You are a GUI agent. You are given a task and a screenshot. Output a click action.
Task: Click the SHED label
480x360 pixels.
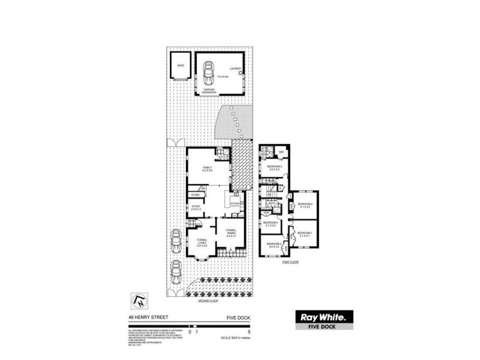coord(179,65)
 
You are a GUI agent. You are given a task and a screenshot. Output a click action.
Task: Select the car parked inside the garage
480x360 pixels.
coord(208,73)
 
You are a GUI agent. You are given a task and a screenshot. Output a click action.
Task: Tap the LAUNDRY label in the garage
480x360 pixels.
coord(235,69)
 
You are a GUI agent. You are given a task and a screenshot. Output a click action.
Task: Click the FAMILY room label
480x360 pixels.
coord(208,168)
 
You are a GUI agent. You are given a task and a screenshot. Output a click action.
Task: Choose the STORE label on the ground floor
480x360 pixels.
coord(195,196)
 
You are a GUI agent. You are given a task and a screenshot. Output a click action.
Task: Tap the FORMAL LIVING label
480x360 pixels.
coord(202,242)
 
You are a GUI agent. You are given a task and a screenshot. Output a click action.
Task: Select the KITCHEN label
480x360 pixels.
coord(235,204)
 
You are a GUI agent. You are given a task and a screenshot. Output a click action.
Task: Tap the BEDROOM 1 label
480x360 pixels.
coord(305,232)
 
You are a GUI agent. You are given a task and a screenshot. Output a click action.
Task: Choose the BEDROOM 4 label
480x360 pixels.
coord(275,244)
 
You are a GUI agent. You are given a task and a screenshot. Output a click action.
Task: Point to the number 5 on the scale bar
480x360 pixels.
coord(239,331)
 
